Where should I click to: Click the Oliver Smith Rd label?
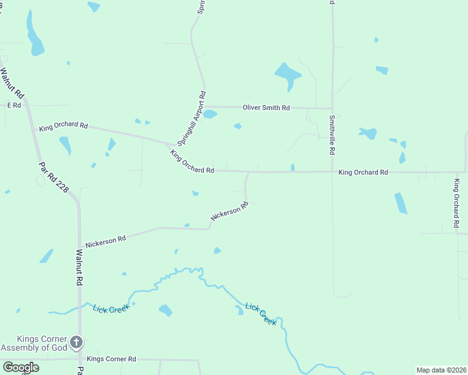coord(266,108)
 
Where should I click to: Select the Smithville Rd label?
coord(332,135)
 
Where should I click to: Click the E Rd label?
coord(14,106)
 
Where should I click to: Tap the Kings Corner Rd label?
coord(111,359)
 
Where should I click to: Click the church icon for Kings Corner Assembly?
coord(76,342)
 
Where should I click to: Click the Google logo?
coord(21,367)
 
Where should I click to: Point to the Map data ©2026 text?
coord(442,370)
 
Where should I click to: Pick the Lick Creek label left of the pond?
coord(111,309)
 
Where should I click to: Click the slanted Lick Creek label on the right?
coord(260,314)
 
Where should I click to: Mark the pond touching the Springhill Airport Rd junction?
coord(210,114)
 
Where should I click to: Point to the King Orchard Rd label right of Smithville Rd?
coord(363,172)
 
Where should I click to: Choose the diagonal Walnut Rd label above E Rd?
coord(13,83)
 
